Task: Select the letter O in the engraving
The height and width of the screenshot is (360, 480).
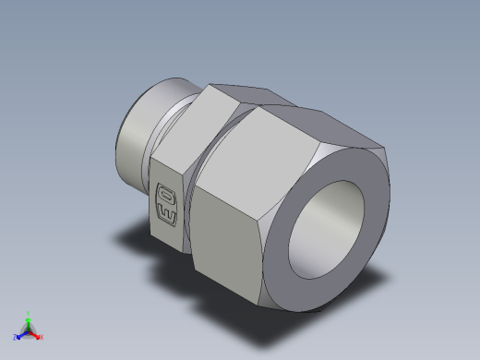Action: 168,196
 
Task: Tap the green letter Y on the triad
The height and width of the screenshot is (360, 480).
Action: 29,313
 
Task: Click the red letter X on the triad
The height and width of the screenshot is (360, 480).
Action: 42,338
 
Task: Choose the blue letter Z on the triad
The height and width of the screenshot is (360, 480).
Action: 16,338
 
